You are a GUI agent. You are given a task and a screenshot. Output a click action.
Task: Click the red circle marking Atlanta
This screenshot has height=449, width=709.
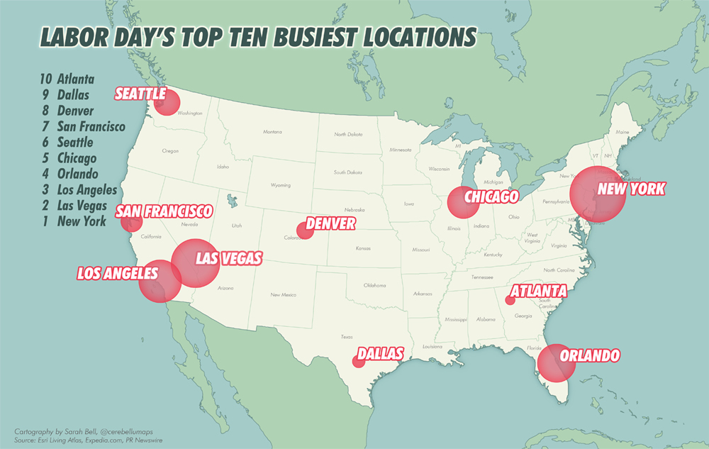pos(509,300)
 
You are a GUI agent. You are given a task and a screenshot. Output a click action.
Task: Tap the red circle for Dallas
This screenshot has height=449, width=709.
pos(359,362)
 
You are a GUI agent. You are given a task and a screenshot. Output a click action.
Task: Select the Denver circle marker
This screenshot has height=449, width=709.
pos(306,230)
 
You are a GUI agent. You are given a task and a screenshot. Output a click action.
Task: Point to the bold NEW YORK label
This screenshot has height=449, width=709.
pos(631,189)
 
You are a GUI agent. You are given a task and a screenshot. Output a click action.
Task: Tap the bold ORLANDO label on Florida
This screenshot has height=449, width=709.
pos(590,355)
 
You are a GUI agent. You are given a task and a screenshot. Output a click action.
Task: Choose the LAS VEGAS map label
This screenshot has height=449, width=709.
pos(228,257)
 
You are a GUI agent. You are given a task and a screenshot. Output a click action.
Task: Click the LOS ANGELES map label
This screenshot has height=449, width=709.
pos(118,273)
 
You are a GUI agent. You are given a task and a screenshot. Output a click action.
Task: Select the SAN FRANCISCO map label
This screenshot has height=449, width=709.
pos(164,211)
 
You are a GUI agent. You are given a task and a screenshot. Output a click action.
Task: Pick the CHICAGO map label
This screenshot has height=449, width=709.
pos(491,196)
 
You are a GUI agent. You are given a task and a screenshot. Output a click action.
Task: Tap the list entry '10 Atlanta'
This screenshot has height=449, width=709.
pos(67,79)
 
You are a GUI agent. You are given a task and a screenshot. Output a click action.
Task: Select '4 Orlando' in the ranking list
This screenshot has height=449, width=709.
pos(69,174)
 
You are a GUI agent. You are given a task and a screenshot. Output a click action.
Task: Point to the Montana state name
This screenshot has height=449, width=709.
pos(272,132)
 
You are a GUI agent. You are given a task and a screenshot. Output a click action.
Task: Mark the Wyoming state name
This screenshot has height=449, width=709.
pos(280,185)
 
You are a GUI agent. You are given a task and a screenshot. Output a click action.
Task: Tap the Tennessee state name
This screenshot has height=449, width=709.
pos(483,277)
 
